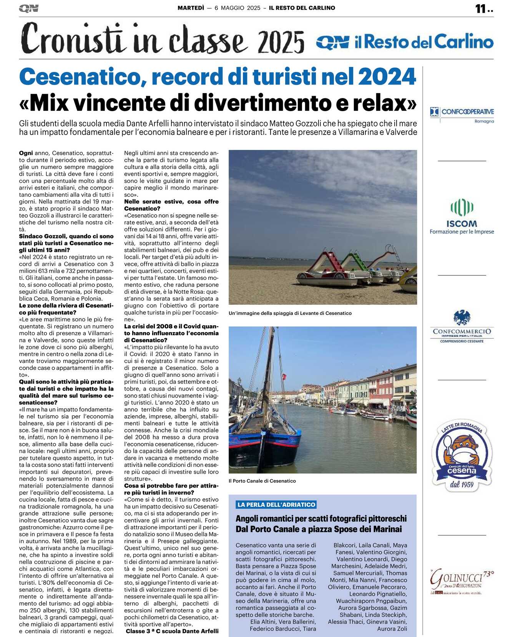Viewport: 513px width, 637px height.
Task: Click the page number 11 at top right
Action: [x=481, y=9]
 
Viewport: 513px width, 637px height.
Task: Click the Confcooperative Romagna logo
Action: [x=462, y=115]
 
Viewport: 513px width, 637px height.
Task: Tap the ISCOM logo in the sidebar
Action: [x=462, y=216]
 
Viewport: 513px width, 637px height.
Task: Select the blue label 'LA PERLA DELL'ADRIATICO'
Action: [x=276, y=505]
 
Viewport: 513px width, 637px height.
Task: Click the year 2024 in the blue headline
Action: [x=387, y=77]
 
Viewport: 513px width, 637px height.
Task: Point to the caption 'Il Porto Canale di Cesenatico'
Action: [x=262, y=481]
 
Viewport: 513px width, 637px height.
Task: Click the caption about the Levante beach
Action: [x=290, y=313]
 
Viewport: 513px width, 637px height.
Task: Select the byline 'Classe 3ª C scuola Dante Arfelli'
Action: [x=172, y=631]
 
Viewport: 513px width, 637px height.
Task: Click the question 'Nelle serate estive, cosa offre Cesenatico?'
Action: [x=171, y=205]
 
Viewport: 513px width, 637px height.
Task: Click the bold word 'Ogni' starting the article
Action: [x=26, y=153]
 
